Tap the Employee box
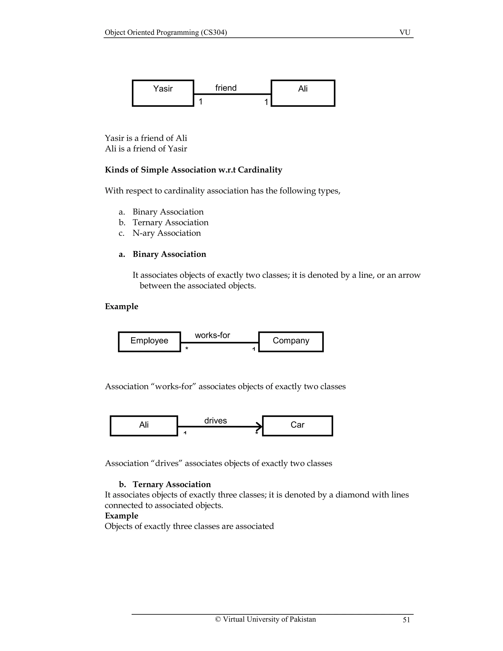click(149, 342)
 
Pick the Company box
click(291, 342)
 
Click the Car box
click(297, 426)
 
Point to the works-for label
click(212, 335)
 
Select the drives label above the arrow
click(215, 421)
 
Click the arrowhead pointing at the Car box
click(260, 426)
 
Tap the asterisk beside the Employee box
click(187, 348)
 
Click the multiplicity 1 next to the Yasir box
click(201, 102)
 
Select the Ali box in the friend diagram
click(303, 93)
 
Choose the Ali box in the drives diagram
click(144, 426)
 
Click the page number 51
click(406, 620)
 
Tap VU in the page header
click(405, 32)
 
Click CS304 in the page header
click(214, 32)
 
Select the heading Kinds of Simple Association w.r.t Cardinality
click(193, 170)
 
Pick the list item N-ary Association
click(167, 233)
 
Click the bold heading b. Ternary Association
click(171, 484)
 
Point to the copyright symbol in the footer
click(218, 619)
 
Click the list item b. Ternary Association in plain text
click(170, 222)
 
